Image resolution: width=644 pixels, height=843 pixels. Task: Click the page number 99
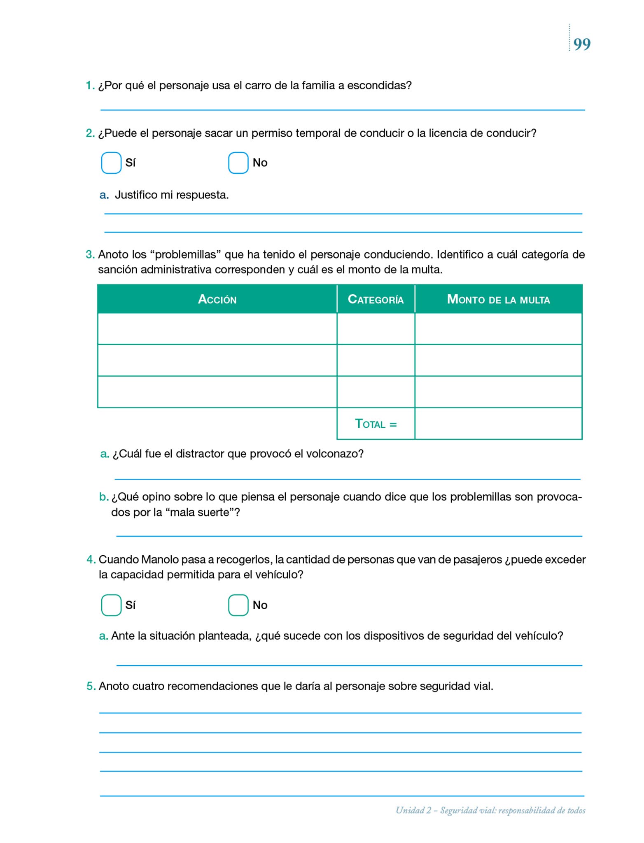(582, 44)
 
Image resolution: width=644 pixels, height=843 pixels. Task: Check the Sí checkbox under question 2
(111, 163)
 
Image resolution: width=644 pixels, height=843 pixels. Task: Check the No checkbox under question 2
(238, 163)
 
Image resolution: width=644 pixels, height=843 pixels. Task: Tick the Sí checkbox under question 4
(111, 605)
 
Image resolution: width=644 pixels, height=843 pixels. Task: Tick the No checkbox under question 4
(238, 605)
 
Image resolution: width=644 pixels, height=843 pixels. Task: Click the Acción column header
(217, 299)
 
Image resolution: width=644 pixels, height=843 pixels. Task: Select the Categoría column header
(376, 299)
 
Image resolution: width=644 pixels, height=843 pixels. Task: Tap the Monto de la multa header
(498, 299)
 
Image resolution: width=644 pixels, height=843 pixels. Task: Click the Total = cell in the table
(376, 424)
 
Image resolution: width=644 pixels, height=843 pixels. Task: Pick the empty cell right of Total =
(498, 424)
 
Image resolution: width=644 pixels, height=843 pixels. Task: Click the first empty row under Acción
(217, 328)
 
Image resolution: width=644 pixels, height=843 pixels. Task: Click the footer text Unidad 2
(413, 810)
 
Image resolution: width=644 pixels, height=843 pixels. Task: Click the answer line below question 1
(343, 109)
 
